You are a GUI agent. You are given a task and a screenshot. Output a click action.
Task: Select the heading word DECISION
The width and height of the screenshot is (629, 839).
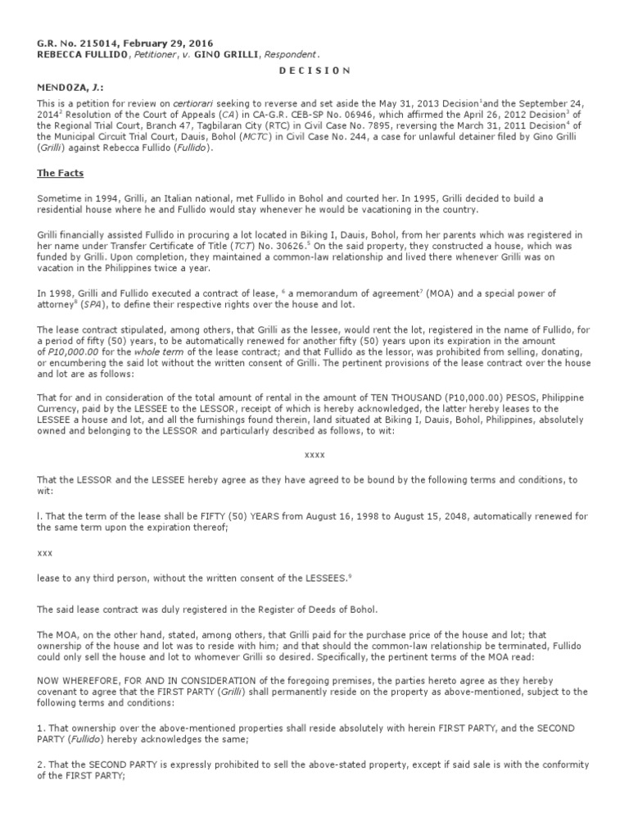coord(315,70)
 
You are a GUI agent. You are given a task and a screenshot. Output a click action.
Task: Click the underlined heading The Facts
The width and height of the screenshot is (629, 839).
coord(59,174)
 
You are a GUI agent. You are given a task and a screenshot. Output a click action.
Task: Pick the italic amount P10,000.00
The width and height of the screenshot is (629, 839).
coord(72,350)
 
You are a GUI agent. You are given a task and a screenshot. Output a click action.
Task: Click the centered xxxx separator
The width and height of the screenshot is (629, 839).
coord(314,453)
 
